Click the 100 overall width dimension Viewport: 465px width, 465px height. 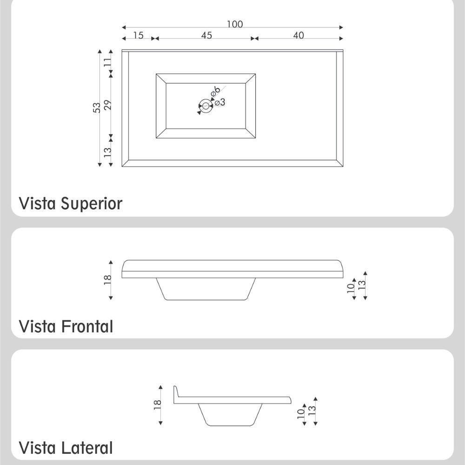tap(235, 24)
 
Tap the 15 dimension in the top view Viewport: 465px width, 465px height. tap(138, 35)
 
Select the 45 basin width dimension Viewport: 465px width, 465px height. tap(207, 35)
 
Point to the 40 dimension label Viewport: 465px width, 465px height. tap(299, 35)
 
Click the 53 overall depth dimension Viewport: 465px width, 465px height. tap(97, 107)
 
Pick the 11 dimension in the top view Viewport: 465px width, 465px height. tap(108, 61)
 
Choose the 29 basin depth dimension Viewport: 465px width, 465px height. tap(108, 105)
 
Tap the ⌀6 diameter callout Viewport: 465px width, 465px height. tap(215, 91)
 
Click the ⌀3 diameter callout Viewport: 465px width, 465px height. tap(220, 102)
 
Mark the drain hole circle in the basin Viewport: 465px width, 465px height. tap(206, 106)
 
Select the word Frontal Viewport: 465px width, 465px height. tap(87, 326)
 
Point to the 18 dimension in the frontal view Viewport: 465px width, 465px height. tap(108, 279)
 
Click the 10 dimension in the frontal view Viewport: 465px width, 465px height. tap(351, 288)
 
